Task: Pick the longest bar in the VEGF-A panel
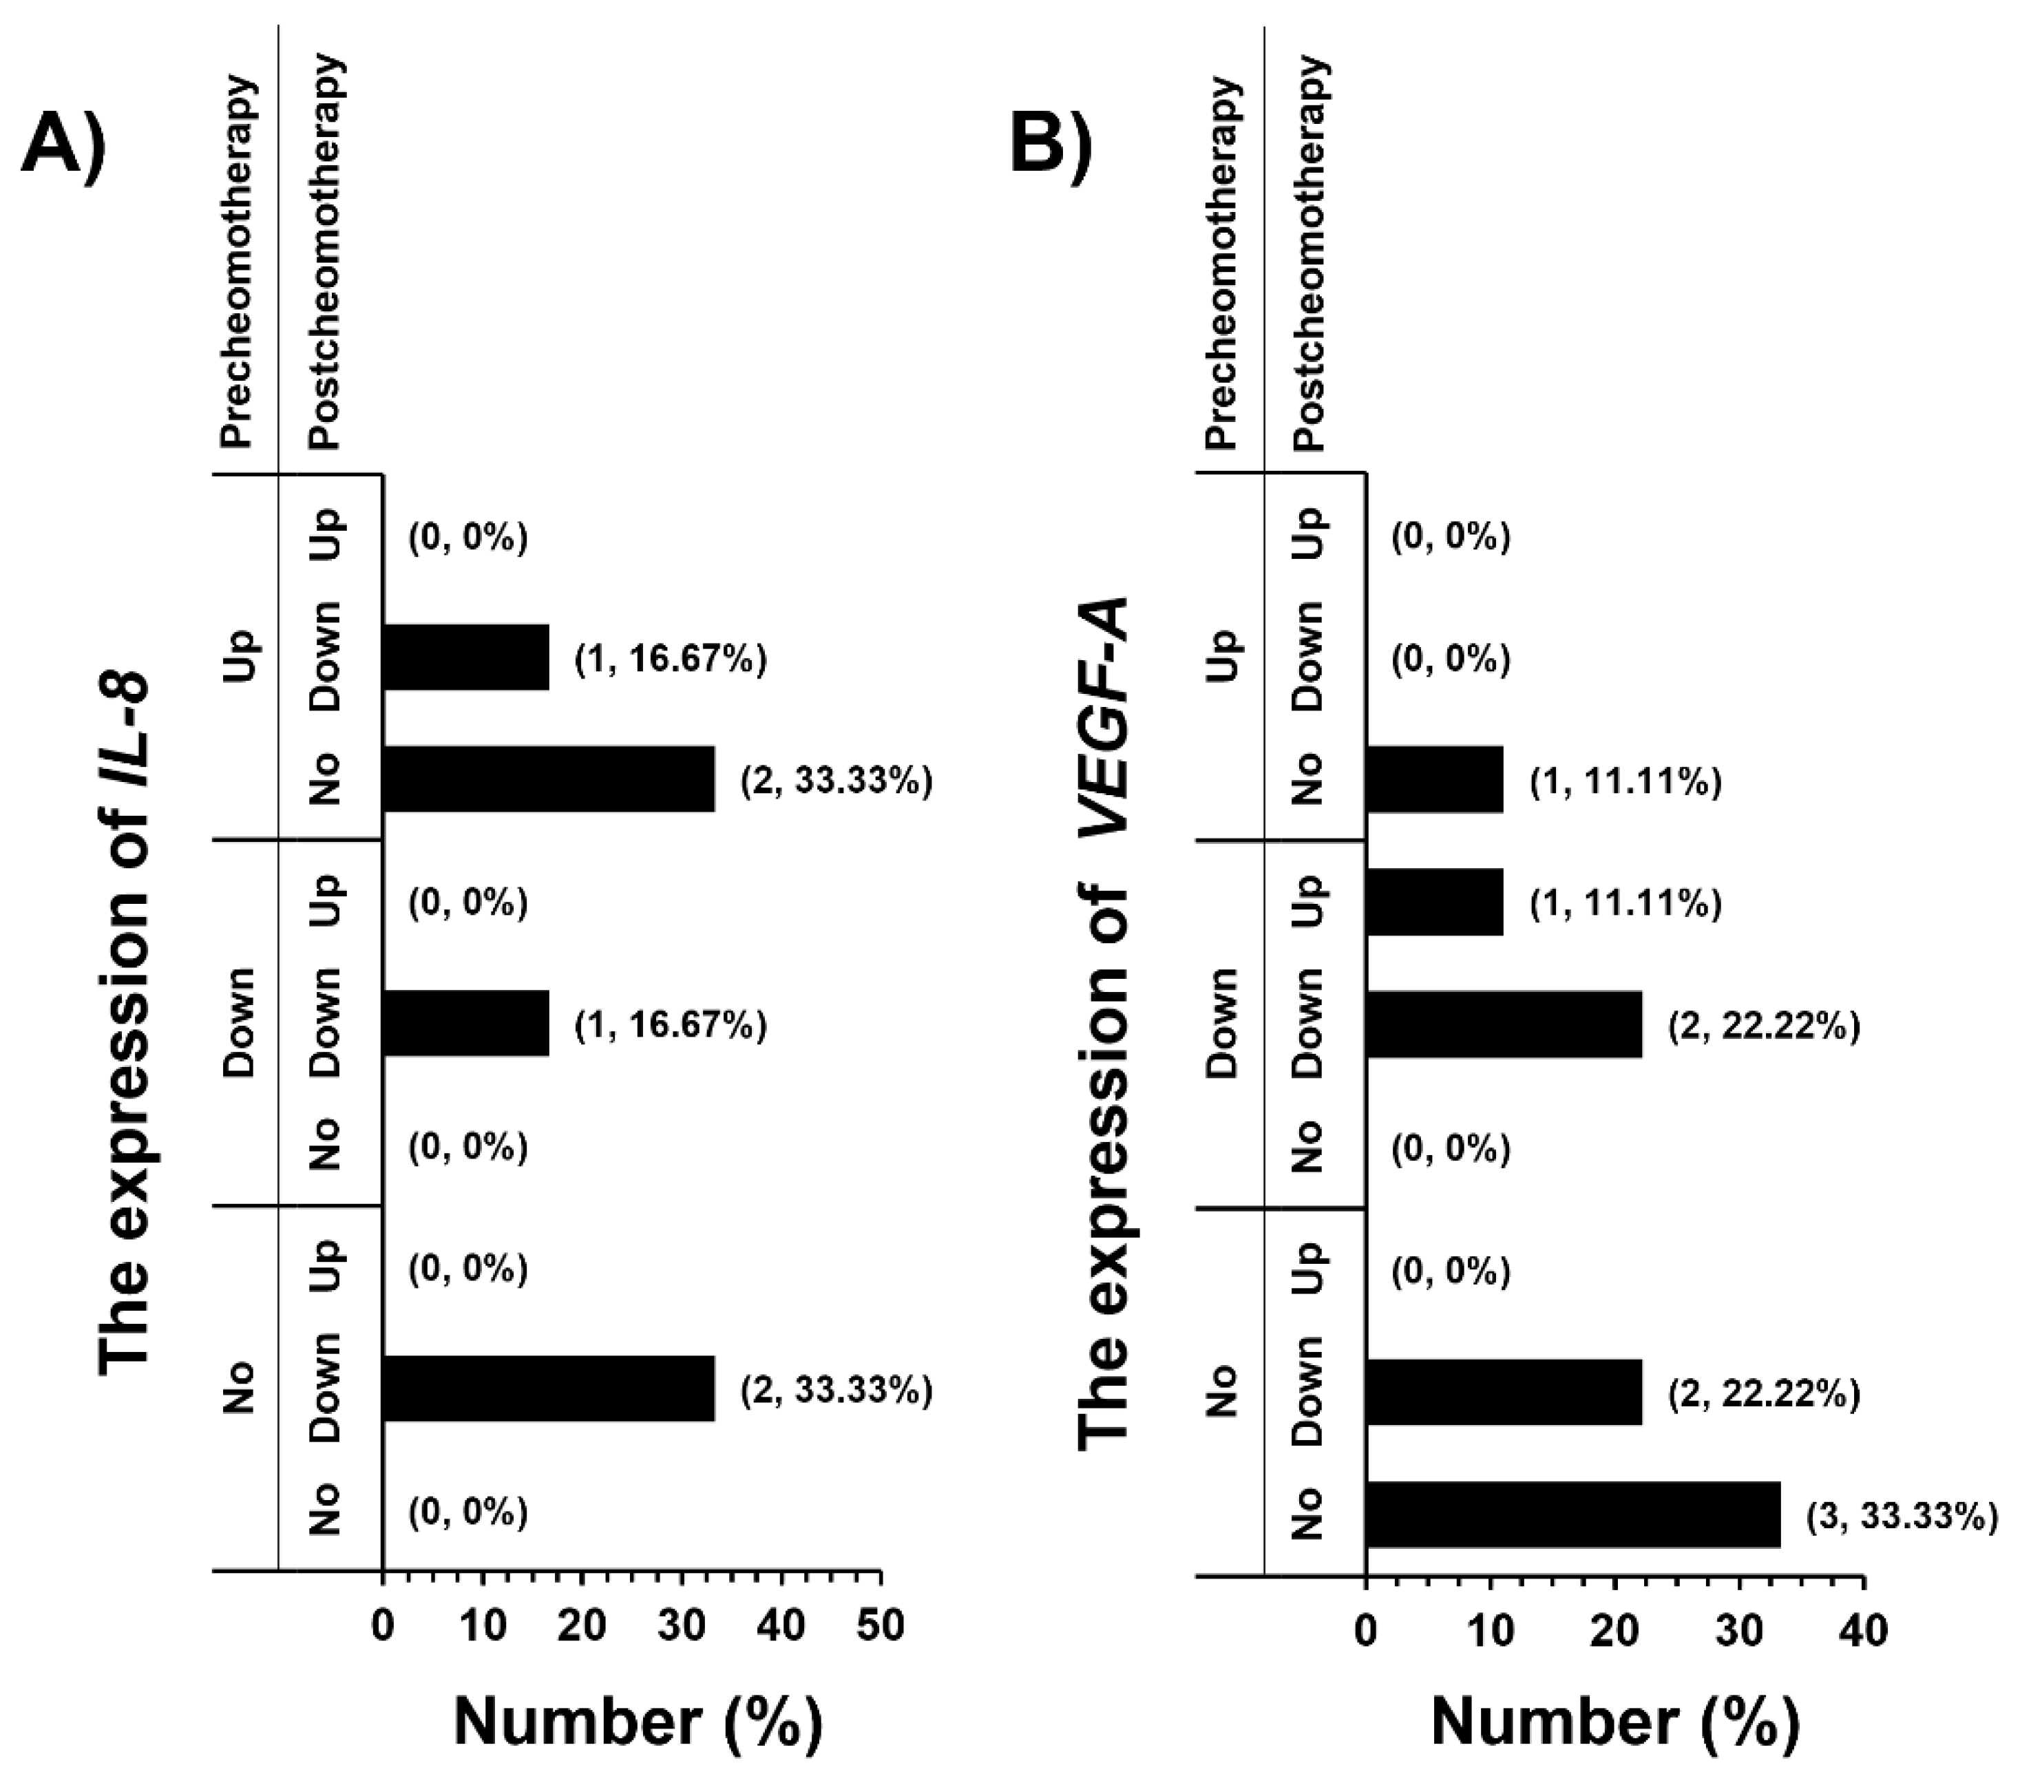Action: click(1573, 1514)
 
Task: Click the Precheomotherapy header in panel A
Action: click(238, 262)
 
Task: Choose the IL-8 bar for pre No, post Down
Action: click(549, 1388)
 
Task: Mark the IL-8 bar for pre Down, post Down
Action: click(465, 1023)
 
